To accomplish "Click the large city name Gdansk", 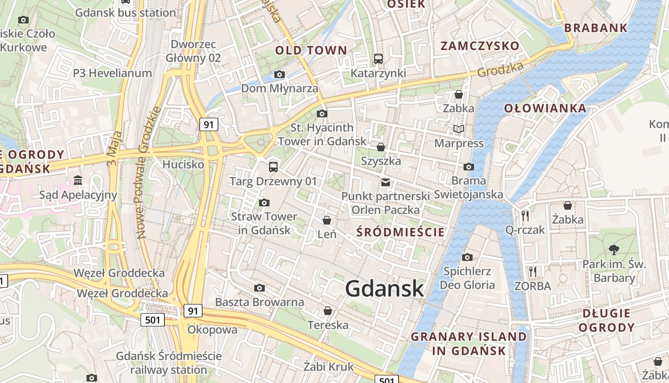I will click(x=384, y=289).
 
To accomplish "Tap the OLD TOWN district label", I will click(x=311, y=50).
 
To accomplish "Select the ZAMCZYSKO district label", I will click(x=480, y=46).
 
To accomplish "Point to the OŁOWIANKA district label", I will click(x=545, y=108).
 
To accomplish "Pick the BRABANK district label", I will click(x=595, y=28).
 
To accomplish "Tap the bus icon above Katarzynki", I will click(x=378, y=59).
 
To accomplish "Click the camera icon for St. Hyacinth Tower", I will click(x=322, y=113).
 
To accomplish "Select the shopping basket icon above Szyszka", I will click(x=381, y=146).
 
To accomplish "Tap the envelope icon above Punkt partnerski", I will click(x=385, y=182).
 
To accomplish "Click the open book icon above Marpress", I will click(x=459, y=129).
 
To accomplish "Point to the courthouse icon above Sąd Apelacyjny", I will click(x=78, y=180).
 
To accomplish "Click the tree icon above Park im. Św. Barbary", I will click(x=614, y=249).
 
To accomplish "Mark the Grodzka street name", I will click(x=500, y=70).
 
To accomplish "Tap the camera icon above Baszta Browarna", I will click(x=259, y=288).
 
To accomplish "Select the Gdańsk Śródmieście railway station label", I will click(x=169, y=363).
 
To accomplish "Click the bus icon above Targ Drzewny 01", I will click(x=273, y=167).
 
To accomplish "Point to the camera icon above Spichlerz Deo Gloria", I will click(x=467, y=258).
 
